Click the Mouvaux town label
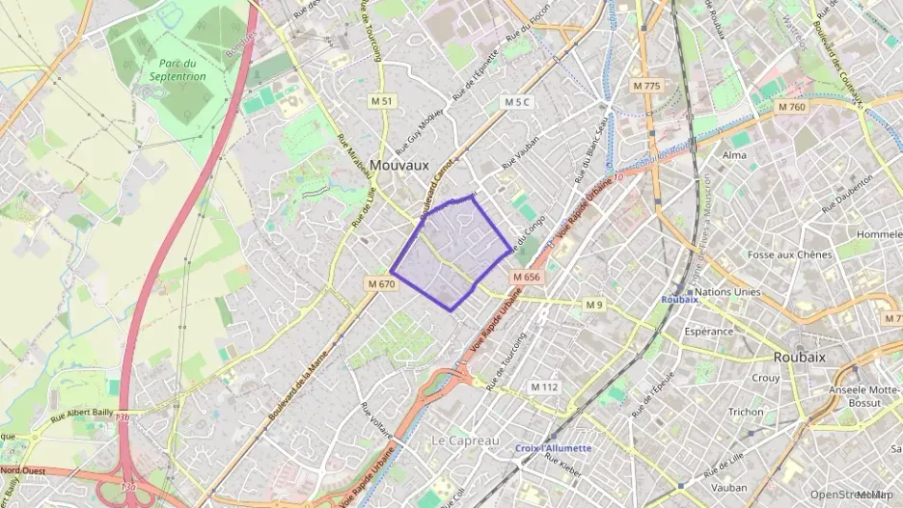coord(398,165)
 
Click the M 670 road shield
coord(382,284)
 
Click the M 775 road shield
coord(647,86)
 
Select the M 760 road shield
coord(790,107)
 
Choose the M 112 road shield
coord(545,387)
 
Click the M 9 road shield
coord(594,305)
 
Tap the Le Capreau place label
coord(465,441)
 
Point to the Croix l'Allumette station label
coord(554,448)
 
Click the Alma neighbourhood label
coord(734,155)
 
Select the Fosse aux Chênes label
coord(789,254)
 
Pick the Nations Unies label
coord(727,291)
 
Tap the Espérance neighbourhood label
coord(708,331)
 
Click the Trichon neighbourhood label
coord(745,412)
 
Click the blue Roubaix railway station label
coord(679,300)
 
